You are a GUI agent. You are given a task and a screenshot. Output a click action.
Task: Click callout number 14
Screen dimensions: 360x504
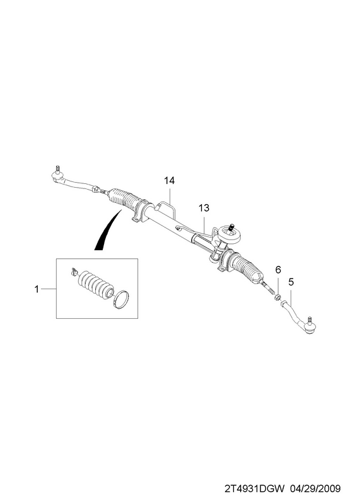point(169,181)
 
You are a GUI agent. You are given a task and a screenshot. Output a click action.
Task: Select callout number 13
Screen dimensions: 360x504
point(204,208)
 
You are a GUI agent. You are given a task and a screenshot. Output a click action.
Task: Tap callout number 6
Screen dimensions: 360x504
point(278,270)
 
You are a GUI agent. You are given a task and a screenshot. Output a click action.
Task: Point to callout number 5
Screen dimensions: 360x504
point(291,282)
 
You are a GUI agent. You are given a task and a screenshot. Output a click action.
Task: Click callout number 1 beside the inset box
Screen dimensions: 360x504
point(37,289)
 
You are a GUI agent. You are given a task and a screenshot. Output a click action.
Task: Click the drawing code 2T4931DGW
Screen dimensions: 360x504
point(255,489)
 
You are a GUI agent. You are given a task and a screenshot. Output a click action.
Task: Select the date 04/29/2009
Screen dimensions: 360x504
point(315,489)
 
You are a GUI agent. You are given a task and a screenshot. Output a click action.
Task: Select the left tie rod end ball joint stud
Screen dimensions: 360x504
point(57,168)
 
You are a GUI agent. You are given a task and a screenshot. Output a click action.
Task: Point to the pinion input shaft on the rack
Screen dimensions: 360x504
point(231,227)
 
